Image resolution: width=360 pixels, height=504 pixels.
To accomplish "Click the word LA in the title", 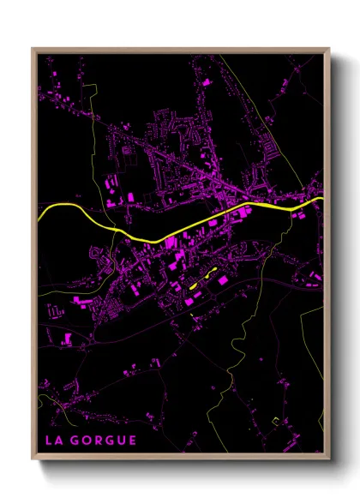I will point(54,441).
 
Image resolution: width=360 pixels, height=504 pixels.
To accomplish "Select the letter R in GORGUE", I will point(98,441).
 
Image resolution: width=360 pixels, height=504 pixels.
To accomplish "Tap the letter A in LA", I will point(59,441).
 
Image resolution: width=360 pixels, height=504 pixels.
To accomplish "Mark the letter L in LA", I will point(49,441).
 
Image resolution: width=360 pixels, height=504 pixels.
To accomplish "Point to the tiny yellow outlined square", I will point(275,421).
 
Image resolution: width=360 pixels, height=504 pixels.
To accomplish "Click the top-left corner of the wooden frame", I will point(33,49).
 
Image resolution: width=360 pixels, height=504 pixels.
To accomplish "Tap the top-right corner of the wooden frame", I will point(329,49).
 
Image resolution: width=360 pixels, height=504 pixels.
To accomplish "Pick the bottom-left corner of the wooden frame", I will point(33,456).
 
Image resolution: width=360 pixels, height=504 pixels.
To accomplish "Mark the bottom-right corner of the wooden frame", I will point(329,456).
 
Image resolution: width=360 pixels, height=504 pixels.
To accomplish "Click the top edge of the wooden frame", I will point(180,50).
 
